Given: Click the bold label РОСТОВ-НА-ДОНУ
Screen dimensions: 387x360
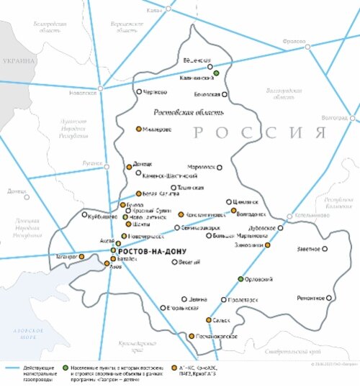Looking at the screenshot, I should pos(151,251).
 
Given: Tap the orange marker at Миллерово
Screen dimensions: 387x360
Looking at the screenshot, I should pos(139,129).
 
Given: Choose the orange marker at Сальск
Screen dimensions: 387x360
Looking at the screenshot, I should pos(209,320).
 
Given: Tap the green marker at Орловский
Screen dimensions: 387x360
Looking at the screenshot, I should pos(240,278).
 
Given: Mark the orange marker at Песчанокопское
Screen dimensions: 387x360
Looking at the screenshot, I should pos(191,336).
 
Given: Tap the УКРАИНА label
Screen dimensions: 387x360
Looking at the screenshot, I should pos(17,61).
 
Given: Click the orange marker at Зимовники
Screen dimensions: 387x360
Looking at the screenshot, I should pos(267,245).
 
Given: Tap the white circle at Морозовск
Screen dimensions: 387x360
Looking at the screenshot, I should pos(220,167).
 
